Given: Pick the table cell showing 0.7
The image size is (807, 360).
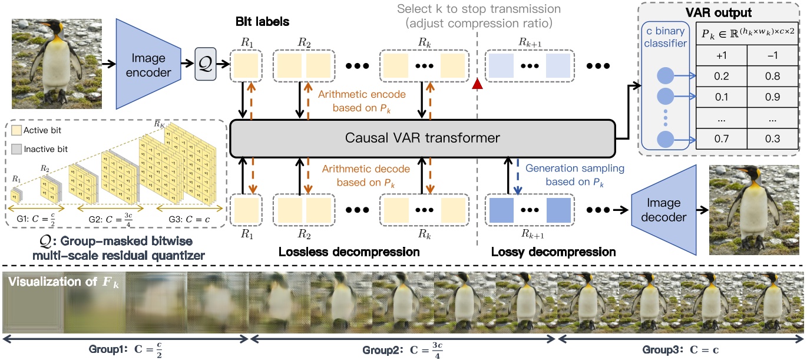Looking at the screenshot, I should click(720, 138).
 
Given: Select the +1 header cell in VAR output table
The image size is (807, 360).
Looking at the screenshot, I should click(720, 55).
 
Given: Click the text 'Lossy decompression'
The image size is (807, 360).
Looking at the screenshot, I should click(553, 252).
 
